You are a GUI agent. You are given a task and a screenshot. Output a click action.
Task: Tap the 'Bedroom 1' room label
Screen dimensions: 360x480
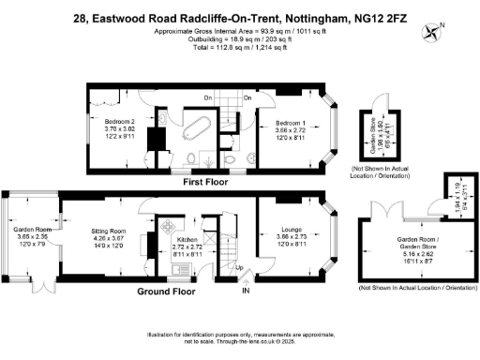click(x=292, y=123)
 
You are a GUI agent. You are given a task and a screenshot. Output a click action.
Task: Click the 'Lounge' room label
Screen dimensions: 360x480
click(x=291, y=228)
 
